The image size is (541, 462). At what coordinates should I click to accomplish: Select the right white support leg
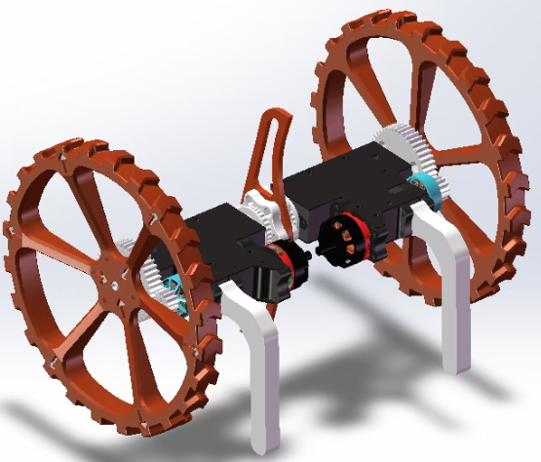pyautogui.click(x=454, y=283)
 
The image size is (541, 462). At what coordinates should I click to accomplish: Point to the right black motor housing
pyautogui.click(x=346, y=185)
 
